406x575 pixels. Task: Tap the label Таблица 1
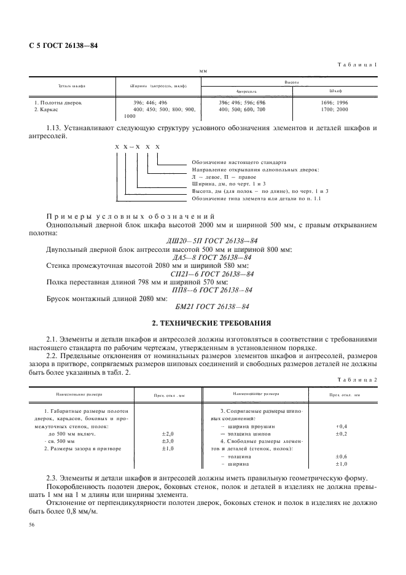[358, 65]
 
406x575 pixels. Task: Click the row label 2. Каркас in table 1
[47, 109]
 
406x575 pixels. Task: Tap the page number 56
[33, 525]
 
